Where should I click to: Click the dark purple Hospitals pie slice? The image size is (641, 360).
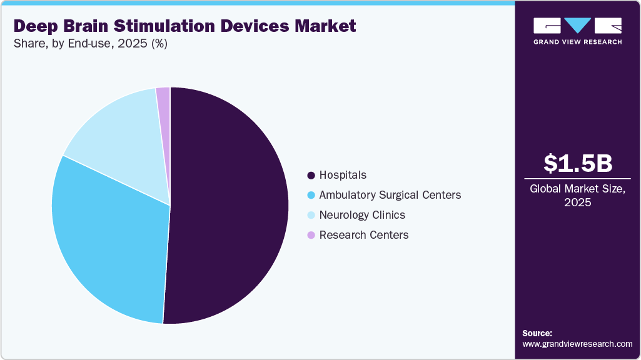click(x=231, y=206)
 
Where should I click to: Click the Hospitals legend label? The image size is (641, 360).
click(x=343, y=175)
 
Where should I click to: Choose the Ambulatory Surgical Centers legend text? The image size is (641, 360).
click(x=390, y=195)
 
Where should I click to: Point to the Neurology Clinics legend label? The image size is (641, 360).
click(x=362, y=215)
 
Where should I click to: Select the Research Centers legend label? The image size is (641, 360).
click(x=363, y=235)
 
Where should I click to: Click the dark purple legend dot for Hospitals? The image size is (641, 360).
click(x=311, y=176)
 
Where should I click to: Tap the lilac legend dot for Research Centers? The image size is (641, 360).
click(x=311, y=236)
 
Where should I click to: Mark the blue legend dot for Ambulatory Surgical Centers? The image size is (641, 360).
click(x=311, y=196)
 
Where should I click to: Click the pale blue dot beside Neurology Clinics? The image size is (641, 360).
click(x=311, y=216)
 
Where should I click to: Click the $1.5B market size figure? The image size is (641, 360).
click(x=577, y=163)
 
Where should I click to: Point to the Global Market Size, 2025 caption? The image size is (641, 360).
click(x=577, y=195)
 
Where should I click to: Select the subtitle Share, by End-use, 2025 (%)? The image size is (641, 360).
click(x=91, y=44)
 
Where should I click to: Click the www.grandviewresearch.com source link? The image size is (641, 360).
click(x=577, y=344)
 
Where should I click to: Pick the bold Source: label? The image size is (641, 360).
click(x=537, y=333)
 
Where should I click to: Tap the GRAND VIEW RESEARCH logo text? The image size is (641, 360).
click(x=577, y=42)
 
